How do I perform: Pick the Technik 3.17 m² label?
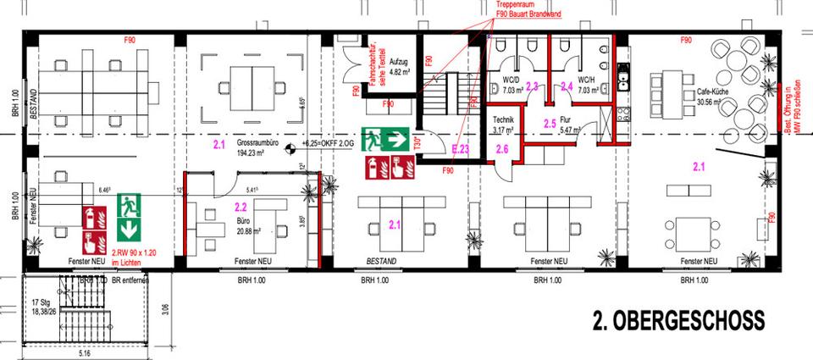pyautogui.click(x=503, y=125)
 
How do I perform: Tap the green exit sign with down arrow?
pyautogui.click(x=129, y=215)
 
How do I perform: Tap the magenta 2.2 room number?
pyautogui.click(x=240, y=206)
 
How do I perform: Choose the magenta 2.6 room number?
pyautogui.click(x=501, y=150)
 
